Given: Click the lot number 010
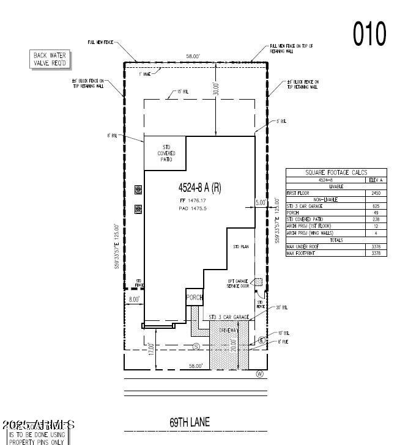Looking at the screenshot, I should (x=369, y=34).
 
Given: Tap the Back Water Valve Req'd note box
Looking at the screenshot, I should (x=50, y=59).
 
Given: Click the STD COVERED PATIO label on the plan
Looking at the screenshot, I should (x=166, y=153).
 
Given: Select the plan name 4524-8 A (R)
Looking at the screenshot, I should (x=199, y=188).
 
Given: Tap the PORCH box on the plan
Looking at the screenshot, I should (x=194, y=297).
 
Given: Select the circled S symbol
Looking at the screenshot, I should (x=196, y=347).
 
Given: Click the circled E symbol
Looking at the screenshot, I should (x=262, y=340).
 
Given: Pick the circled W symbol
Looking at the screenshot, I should (x=259, y=374).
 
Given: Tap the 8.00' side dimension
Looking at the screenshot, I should (x=133, y=299).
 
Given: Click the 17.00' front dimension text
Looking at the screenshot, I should (x=151, y=349).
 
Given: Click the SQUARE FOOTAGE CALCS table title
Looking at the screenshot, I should (x=336, y=173).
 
